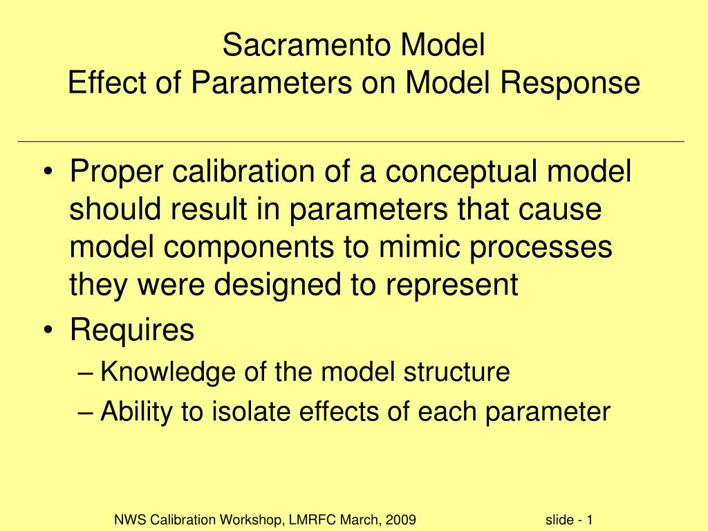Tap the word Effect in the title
click(107, 82)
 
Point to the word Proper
click(116, 172)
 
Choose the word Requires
click(132, 330)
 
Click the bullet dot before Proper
click(48, 172)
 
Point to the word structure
click(456, 371)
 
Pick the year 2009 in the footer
click(400, 520)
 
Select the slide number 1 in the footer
click(589, 520)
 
